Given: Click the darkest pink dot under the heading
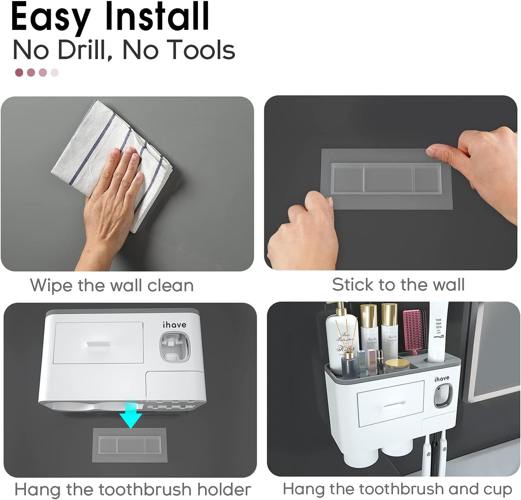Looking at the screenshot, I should click(x=19, y=73).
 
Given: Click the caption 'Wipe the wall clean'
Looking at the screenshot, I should click(x=112, y=285).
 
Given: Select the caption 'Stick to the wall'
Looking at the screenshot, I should click(x=398, y=285).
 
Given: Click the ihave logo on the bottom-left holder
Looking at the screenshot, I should click(x=175, y=325).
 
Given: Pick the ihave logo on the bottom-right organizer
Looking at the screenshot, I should click(x=442, y=379).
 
